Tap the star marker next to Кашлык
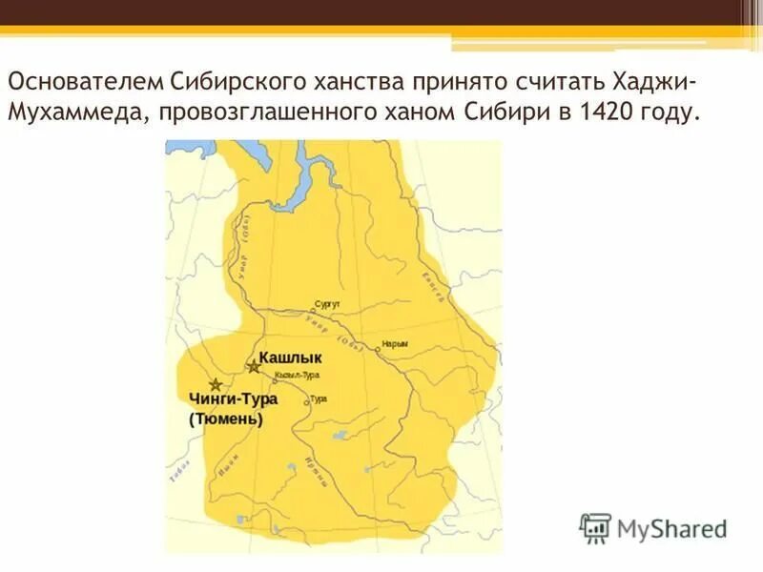tap(254, 366)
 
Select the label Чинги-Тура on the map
tap(227, 399)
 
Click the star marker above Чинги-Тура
tap(216, 384)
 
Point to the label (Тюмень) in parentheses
tap(226, 419)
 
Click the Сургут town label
tap(327, 303)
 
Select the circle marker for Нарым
tap(378, 349)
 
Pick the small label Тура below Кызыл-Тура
tap(319, 398)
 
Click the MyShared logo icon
tap(595, 527)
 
